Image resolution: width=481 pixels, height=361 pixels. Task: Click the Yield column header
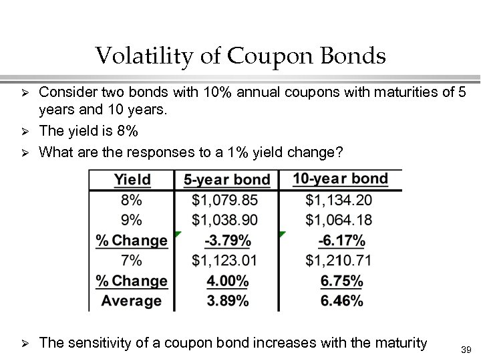132,180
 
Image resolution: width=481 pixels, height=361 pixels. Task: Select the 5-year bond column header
226,180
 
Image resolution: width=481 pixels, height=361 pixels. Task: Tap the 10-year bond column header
340,178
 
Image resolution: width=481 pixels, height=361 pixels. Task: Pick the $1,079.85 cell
224,200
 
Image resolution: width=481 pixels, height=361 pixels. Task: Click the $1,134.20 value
339,200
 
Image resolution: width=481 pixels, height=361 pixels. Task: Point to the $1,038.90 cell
224,220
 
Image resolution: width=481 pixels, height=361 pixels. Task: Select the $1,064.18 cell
339,220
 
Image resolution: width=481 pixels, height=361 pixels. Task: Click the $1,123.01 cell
224,260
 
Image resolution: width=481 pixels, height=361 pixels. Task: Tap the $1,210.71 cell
339,260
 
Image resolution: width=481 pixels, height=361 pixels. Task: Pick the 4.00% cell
228,281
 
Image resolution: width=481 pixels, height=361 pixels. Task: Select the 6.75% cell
342,281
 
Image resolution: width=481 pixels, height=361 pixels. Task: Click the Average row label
132,301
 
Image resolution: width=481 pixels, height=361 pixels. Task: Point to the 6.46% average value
342,301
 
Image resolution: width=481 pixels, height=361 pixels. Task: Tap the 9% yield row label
132,220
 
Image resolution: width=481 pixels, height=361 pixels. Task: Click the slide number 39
466,350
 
